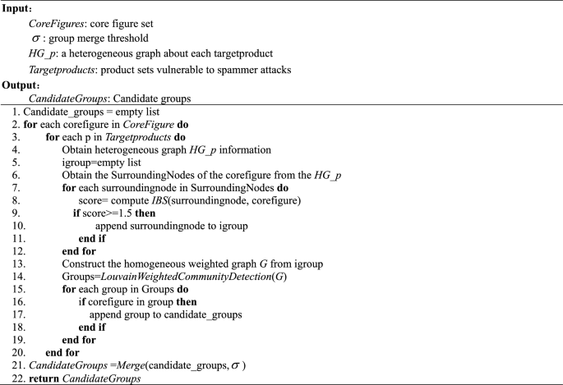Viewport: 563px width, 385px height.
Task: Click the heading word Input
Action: pyautogui.click(x=18, y=7)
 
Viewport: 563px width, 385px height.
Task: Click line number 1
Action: pyautogui.click(x=16, y=110)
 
